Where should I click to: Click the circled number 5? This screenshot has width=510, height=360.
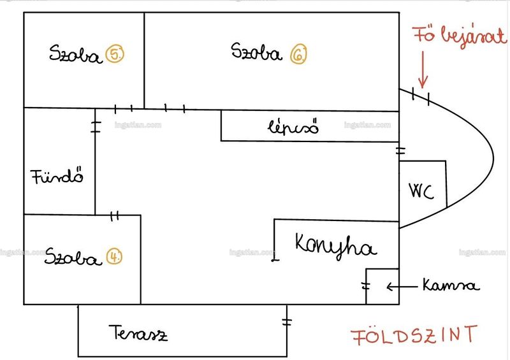(115, 54)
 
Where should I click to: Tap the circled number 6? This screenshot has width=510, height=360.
(298, 54)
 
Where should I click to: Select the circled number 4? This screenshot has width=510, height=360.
(114, 256)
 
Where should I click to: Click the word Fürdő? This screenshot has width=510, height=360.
(57, 176)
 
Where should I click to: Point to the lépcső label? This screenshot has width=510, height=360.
(293, 127)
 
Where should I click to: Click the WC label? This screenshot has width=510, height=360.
(421, 191)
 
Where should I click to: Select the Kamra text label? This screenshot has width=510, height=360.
(451, 285)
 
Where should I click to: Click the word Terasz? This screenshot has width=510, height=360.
(138, 333)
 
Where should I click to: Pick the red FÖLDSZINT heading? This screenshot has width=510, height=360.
(414, 335)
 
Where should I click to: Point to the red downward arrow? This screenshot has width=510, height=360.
(423, 69)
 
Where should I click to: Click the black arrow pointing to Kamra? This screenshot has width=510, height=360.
(402, 287)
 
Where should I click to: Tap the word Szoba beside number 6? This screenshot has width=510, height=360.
(256, 52)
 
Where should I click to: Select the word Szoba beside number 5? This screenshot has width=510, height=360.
(75, 54)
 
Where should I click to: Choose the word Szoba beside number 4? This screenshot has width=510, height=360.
(72, 257)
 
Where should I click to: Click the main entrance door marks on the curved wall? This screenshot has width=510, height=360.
(421, 96)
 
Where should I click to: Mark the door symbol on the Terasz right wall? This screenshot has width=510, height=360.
(286, 322)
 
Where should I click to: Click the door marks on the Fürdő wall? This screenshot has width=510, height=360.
(96, 127)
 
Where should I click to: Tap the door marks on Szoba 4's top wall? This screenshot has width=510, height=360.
(115, 216)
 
